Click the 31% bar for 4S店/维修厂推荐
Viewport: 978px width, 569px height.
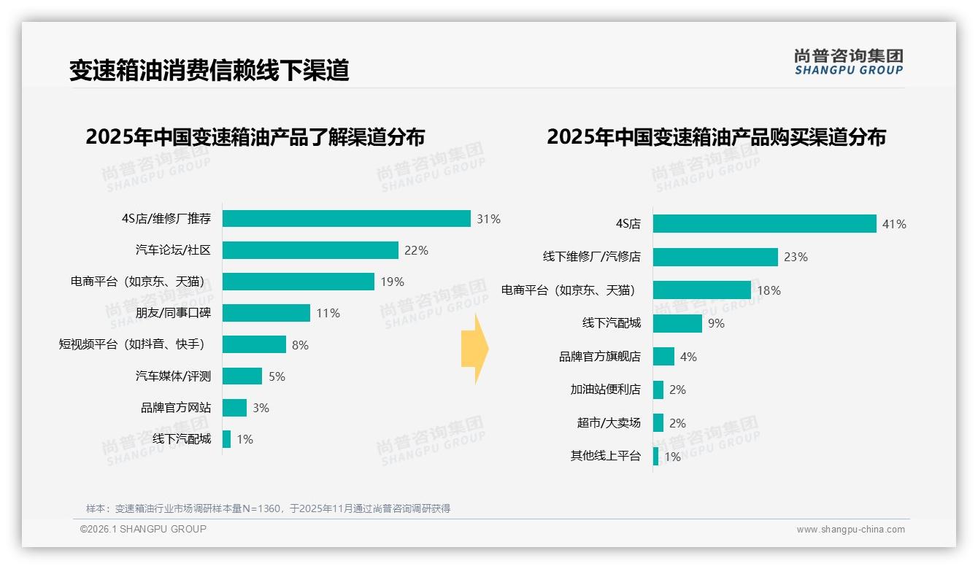[x=346, y=219]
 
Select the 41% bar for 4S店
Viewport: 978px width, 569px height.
[x=764, y=224]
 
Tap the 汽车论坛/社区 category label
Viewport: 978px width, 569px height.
[x=173, y=250]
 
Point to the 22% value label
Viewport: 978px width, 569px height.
[x=416, y=250]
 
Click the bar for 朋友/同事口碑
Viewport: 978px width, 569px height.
[x=266, y=313]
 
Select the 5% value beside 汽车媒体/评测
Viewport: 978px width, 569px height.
[x=277, y=376]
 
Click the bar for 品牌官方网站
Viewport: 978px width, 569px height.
[x=234, y=408]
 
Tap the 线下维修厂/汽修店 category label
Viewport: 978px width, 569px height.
[x=591, y=257]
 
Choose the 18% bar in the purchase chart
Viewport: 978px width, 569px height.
[x=701, y=290]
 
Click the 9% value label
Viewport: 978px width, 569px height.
[x=716, y=323]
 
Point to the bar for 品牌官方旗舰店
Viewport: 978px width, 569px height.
[x=663, y=357]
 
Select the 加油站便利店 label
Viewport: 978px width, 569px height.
[x=605, y=390]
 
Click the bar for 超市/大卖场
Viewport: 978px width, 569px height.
[x=658, y=423]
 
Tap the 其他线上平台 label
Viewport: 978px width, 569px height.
[x=605, y=456]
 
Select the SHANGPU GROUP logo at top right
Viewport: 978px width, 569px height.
[x=848, y=62]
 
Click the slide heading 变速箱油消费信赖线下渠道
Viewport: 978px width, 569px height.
[x=209, y=70]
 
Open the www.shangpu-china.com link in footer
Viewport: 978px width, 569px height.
[x=850, y=530]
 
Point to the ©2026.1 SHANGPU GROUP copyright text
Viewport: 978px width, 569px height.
[x=143, y=529]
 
